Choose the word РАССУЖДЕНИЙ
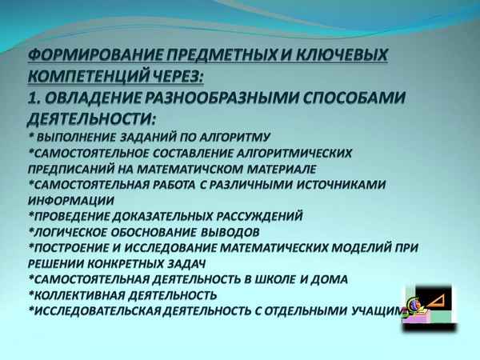[x=250, y=216]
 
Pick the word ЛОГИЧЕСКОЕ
[x=73, y=232]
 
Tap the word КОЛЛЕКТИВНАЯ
[x=79, y=294]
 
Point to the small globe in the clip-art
[x=414, y=304]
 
